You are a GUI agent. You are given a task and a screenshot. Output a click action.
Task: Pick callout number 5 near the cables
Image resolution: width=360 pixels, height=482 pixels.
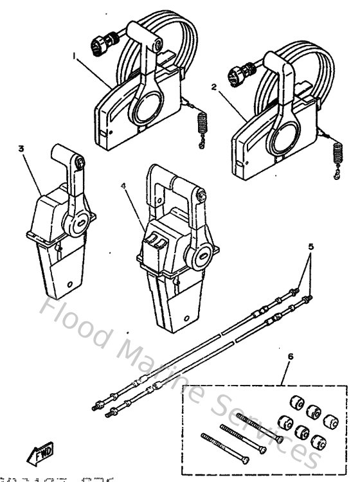click(310, 246)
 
